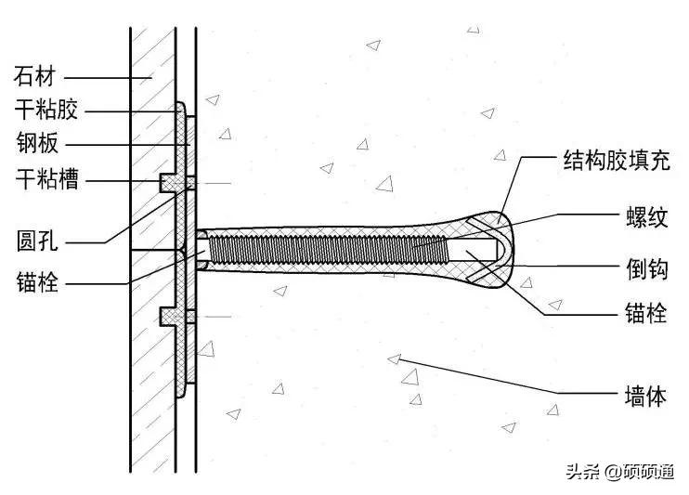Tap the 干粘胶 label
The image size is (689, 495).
coord(47,111)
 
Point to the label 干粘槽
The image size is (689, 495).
coord(47,178)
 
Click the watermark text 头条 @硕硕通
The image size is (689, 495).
coord(618,471)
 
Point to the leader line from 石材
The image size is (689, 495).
coord(102,75)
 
